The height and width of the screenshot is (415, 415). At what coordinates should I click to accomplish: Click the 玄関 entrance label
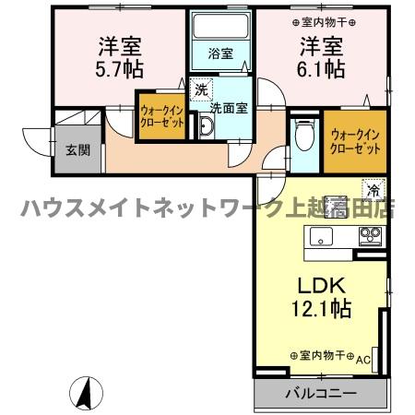(x=77, y=150)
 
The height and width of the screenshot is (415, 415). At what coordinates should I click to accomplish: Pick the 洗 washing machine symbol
(x=202, y=90)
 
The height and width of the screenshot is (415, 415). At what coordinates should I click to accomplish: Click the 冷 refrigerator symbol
(x=373, y=190)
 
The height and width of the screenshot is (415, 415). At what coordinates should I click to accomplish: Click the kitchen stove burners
(x=369, y=237)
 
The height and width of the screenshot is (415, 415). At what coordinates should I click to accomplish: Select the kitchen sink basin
(x=320, y=238)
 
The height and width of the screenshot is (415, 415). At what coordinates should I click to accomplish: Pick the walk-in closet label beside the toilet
(x=354, y=142)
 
